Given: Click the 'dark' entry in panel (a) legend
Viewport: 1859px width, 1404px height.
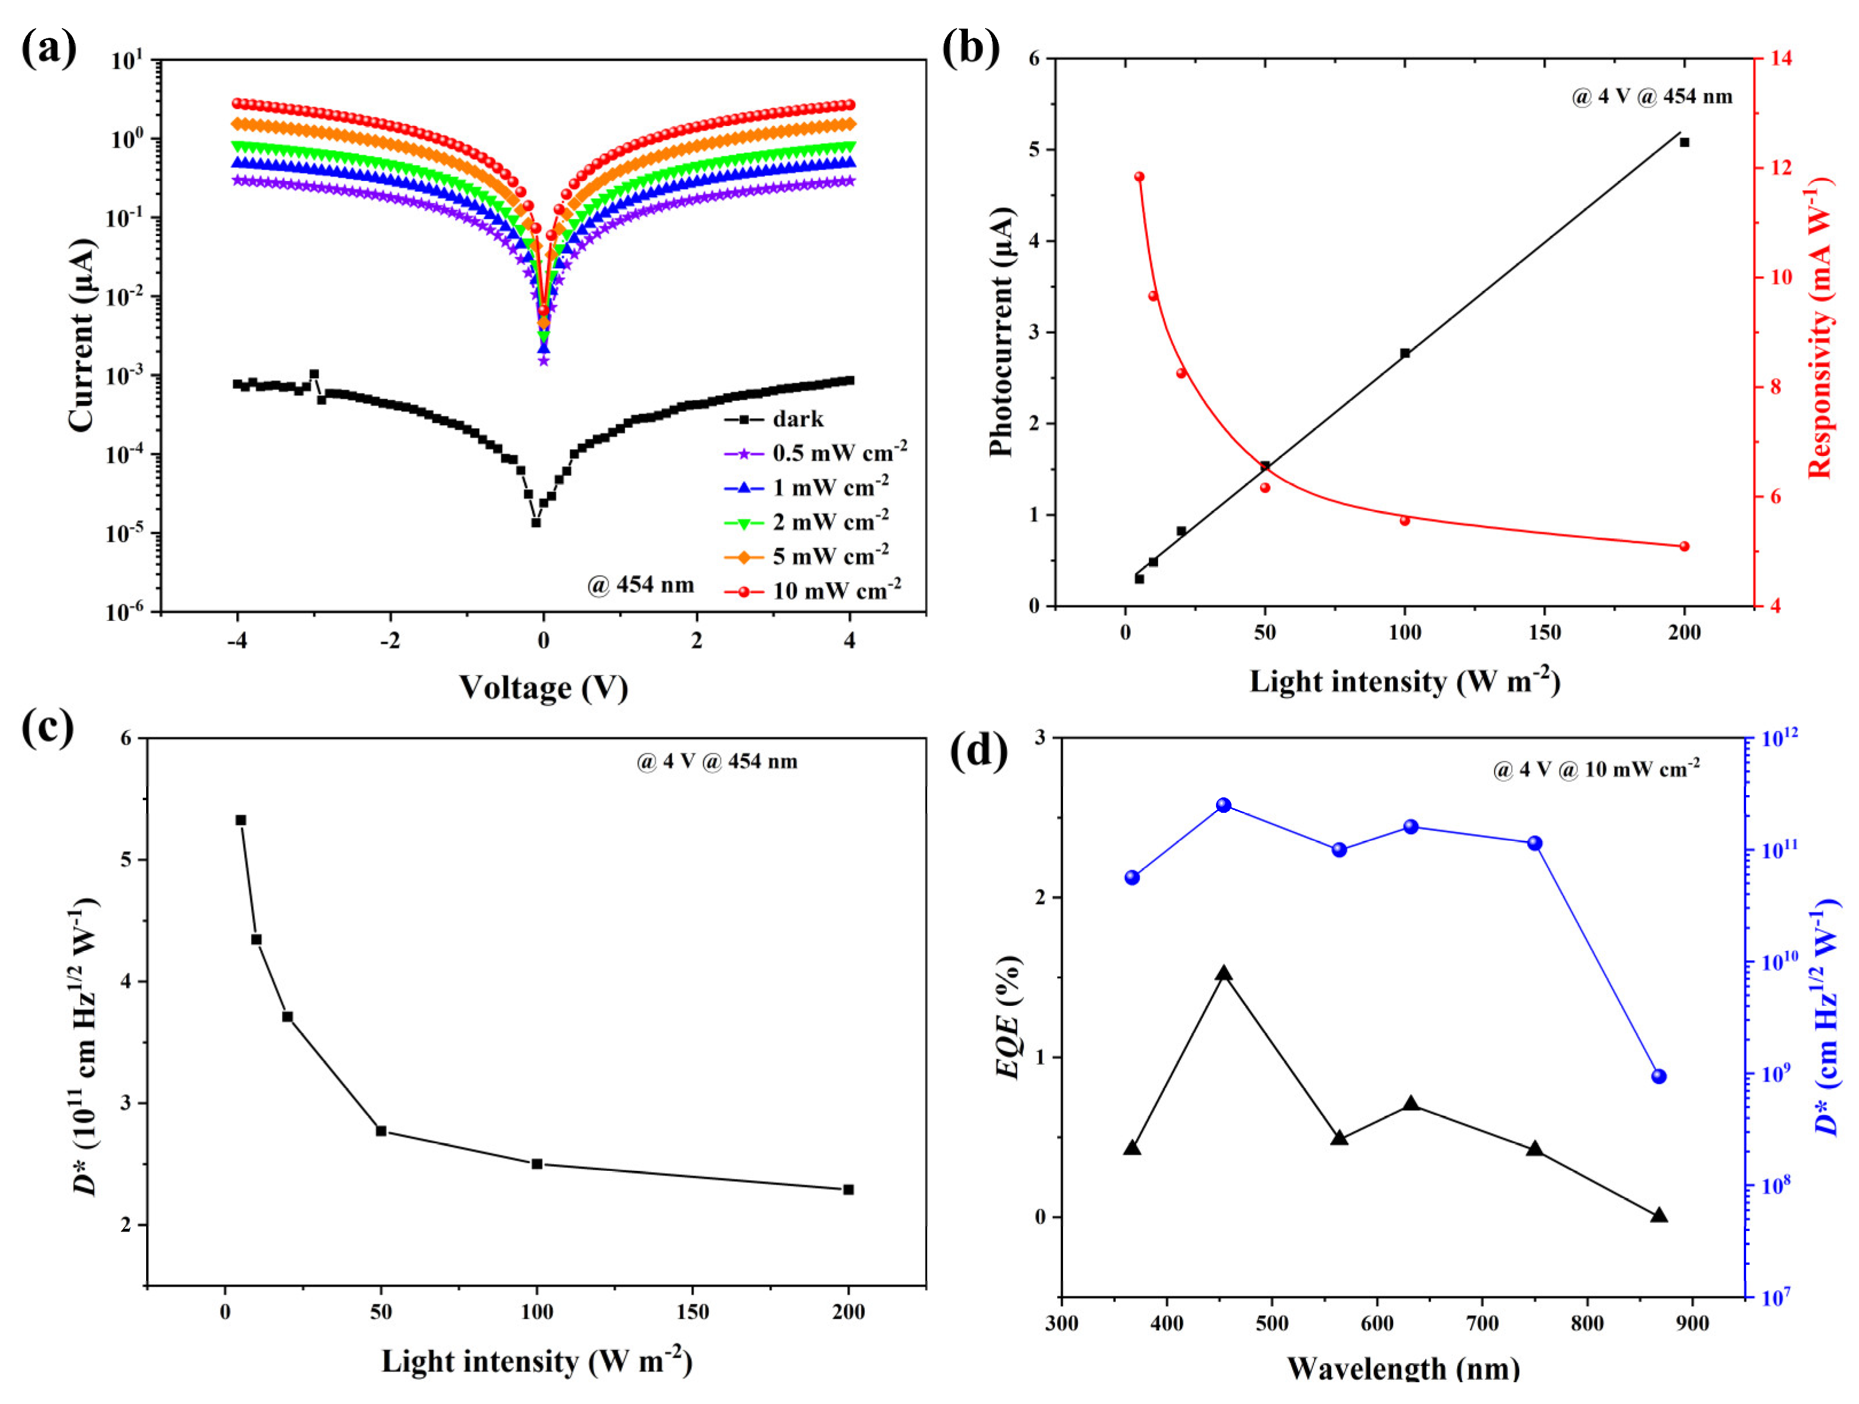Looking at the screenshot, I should coord(797,419).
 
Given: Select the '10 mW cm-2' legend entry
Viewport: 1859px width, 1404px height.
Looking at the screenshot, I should coord(836,591).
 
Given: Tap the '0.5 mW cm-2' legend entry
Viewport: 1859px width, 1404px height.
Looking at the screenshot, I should coord(839,454).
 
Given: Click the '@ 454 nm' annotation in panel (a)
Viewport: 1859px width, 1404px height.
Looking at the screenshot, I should coord(641,585).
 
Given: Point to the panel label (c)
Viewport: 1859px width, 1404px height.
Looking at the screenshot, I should coord(48,727).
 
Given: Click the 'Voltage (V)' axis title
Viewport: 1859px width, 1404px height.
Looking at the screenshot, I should coord(543,687).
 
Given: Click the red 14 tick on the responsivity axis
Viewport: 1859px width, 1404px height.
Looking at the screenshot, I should coord(1780,58).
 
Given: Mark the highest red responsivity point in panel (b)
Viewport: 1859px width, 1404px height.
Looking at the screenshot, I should coord(1139,177).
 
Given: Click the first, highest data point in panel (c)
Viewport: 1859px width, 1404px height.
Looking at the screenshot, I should coord(240,820).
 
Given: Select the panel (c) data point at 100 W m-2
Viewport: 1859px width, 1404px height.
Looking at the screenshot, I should coord(537,1163).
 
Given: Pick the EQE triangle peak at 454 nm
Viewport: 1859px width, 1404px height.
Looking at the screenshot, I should coord(1223,974).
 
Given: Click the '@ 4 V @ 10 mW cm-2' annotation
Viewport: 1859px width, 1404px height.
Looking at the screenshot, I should coord(1596,770).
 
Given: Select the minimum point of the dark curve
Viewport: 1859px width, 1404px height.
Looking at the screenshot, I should coord(535,522).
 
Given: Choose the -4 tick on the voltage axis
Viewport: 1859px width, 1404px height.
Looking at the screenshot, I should coord(237,641).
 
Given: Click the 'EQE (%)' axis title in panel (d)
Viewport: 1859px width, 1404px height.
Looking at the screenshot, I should coord(1007,1017).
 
